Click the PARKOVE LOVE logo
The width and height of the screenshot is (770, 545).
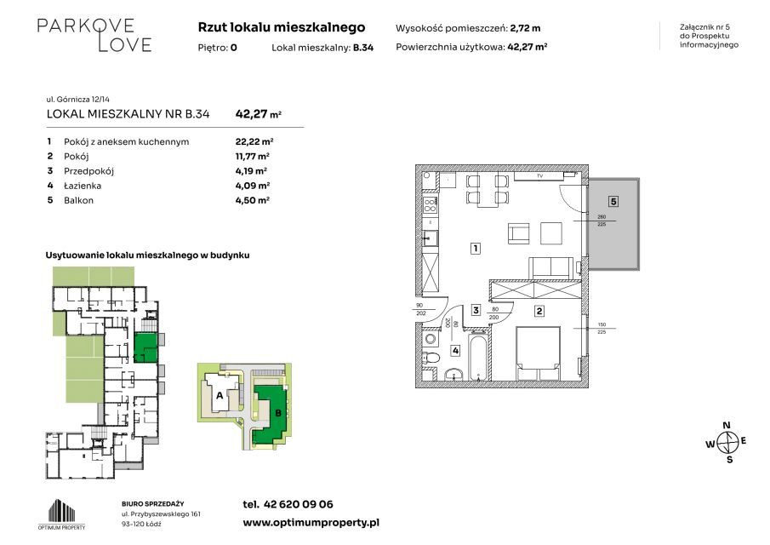tap(94, 35)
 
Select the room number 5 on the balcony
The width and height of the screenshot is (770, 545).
tap(613, 201)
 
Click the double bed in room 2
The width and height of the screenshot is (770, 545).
tap(539, 354)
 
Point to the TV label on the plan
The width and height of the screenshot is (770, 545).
tap(539, 176)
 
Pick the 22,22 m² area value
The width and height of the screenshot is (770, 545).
tap(254, 141)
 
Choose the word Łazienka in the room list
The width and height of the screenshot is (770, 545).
tap(83, 186)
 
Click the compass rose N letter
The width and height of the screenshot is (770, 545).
tap(727, 426)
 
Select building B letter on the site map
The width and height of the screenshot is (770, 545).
tap(278, 413)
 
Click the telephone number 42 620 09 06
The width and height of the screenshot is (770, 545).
tap(298, 504)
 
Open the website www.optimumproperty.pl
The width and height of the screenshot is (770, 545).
tap(311, 523)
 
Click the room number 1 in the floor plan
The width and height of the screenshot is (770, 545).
tap(475, 248)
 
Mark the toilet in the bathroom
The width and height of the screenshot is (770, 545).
tap(431, 358)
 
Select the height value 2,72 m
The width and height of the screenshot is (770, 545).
tap(526, 28)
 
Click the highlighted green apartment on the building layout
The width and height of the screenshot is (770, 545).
tap(145, 347)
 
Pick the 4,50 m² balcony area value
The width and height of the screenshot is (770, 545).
tap(253, 200)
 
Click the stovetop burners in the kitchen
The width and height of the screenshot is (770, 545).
tap(431, 205)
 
